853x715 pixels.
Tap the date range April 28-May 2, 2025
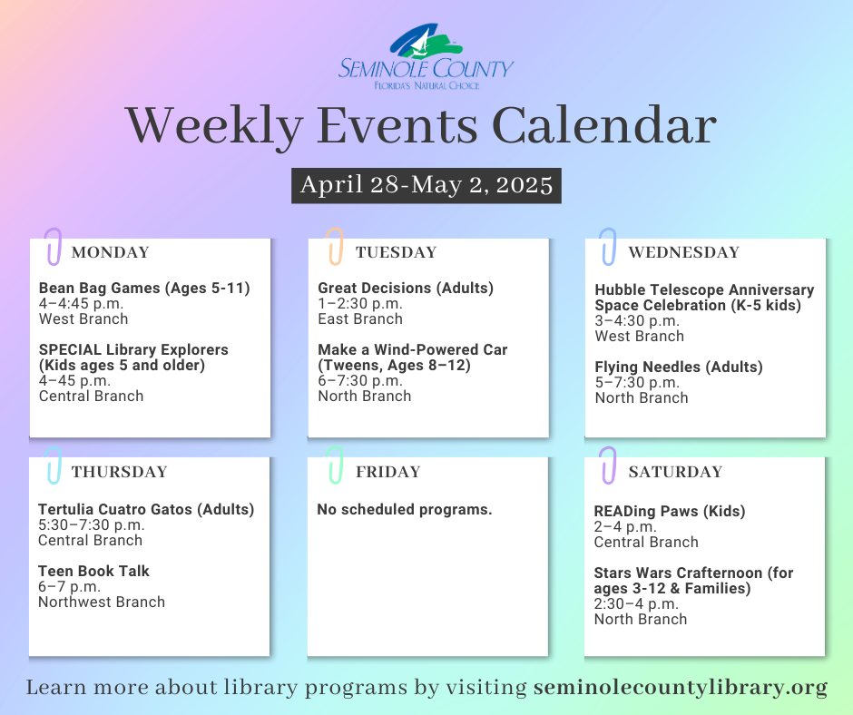[426, 185]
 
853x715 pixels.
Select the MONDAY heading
[111, 252]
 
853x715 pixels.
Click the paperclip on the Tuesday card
[335, 246]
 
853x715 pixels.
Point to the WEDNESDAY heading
[684, 252]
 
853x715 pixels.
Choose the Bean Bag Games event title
[144, 288]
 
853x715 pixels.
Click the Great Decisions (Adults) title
[406, 288]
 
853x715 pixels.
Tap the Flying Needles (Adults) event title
[679, 367]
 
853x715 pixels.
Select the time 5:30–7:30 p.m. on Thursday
[92, 525]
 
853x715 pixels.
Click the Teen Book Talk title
[93, 571]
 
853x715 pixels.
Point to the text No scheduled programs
[404, 509]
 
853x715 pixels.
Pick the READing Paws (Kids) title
[670, 512]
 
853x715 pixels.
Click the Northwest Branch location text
[102, 602]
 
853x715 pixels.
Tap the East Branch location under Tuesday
[360, 318]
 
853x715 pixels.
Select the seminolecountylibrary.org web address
[681, 687]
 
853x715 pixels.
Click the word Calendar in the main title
[604, 126]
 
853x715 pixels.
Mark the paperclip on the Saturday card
[608, 465]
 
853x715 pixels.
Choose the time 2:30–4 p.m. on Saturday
[636, 604]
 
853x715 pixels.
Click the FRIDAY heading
[387, 472]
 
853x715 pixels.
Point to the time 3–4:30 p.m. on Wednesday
[636, 321]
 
